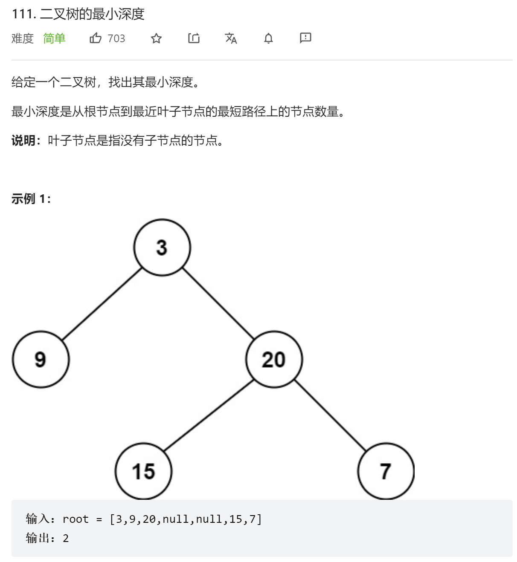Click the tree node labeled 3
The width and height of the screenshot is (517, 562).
[x=162, y=248]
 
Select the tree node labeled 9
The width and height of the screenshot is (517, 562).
[x=41, y=359]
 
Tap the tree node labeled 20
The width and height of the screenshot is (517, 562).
[x=274, y=359]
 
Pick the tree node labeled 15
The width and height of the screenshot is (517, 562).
[x=143, y=471]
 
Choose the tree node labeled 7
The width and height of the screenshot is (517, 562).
[x=386, y=471]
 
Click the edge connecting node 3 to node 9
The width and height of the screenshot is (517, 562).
[x=102, y=304]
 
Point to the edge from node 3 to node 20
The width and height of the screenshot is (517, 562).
[x=218, y=303]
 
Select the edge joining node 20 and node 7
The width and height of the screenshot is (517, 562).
[x=330, y=415]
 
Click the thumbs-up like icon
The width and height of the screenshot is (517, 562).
[x=96, y=38]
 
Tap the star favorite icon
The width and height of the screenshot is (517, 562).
[x=156, y=38]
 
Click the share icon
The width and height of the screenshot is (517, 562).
[x=194, y=38]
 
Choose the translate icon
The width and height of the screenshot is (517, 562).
[x=231, y=38]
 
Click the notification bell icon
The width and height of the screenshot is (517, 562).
[x=268, y=38]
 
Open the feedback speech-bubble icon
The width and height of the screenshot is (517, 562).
[x=305, y=38]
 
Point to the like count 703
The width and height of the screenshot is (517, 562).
[x=116, y=38]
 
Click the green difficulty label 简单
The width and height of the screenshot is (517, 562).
[x=54, y=38]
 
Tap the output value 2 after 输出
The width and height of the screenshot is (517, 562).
[x=66, y=538]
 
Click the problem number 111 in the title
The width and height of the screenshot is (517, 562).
[x=23, y=14]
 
